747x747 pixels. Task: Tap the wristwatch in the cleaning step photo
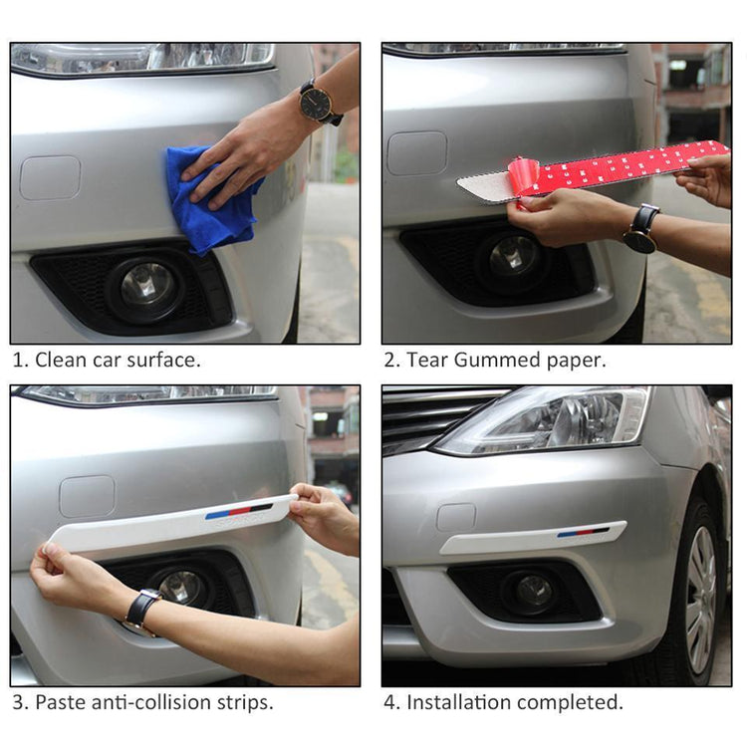(319, 103)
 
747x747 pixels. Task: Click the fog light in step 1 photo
(147, 286)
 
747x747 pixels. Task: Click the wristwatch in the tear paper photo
(641, 229)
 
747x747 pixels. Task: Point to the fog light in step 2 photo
(514, 256)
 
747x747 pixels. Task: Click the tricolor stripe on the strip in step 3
(239, 511)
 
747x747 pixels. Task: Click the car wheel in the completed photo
(699, 598)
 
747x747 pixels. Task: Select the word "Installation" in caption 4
(457, 702)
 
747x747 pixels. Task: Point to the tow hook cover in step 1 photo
(50, 177)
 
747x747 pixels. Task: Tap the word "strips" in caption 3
(245, 702)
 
